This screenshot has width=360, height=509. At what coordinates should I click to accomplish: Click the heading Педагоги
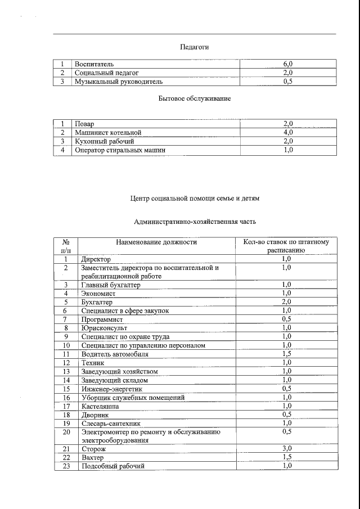click(x=194, y=47)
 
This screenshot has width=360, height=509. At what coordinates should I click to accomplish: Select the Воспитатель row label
click(x=94, y=64)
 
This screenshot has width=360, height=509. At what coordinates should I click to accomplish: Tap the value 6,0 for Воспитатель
click(x=287, y=64)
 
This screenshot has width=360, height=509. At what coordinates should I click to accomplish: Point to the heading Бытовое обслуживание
click(x=194, y=98)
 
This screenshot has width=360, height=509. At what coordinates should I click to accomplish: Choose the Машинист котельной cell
click(x=108, y=133)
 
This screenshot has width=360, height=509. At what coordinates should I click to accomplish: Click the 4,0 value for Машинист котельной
click(x=287, y=133)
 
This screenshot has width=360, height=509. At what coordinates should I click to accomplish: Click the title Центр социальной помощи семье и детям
click(x=195, y=199)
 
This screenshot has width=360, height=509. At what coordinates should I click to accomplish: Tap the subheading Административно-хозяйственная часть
click(x=195, y=222)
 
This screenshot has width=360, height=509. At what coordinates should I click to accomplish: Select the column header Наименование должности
click(x=156, y=242)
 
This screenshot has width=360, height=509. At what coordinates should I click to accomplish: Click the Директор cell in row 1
click(x=96, y=259)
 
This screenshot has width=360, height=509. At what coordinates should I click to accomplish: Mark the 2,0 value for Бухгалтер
click(x=286, y=302)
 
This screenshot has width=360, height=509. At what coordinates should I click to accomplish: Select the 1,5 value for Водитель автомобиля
click(x=286, y=354)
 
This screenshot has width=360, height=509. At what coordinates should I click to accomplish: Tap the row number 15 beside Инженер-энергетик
click(x=66, y=389)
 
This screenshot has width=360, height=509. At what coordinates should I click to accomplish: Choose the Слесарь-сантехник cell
click(x=110, y=423)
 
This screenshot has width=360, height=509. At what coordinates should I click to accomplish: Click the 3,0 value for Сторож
click(x=286, y=449)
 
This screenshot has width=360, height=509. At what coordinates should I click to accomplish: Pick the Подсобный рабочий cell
click(x=112, y=466)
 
